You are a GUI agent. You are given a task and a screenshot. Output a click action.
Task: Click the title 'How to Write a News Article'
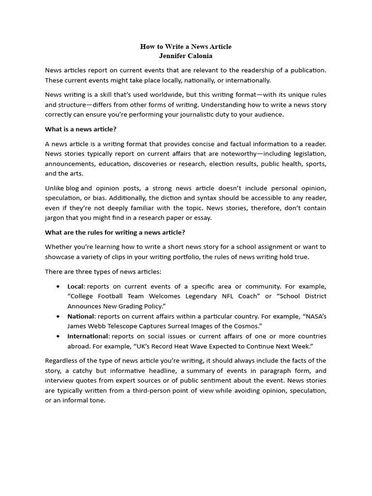pyautogui.click(x=186, y=46)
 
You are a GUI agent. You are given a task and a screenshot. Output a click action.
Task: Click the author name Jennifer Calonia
pyautogui.click(x=186, y=56)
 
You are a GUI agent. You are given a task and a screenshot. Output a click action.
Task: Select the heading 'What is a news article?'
pyautogui.click(x=80, y=129)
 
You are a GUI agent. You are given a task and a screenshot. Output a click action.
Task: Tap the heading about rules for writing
pyautogui.click(x=115, y=232)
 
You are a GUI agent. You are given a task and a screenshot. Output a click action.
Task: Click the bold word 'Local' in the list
pyautogui.click(x=76, y=287)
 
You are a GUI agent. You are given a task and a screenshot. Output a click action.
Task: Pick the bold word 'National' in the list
pyautogui.click(x=80, y=316)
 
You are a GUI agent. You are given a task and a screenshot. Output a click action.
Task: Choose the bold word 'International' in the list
pyautogui.click(x=88, y=336)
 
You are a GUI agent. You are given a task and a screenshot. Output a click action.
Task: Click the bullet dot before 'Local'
pyautogui.click(x=59, y=287)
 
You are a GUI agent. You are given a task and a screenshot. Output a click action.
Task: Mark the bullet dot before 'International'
pyautogui.click(x=59, y=336)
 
